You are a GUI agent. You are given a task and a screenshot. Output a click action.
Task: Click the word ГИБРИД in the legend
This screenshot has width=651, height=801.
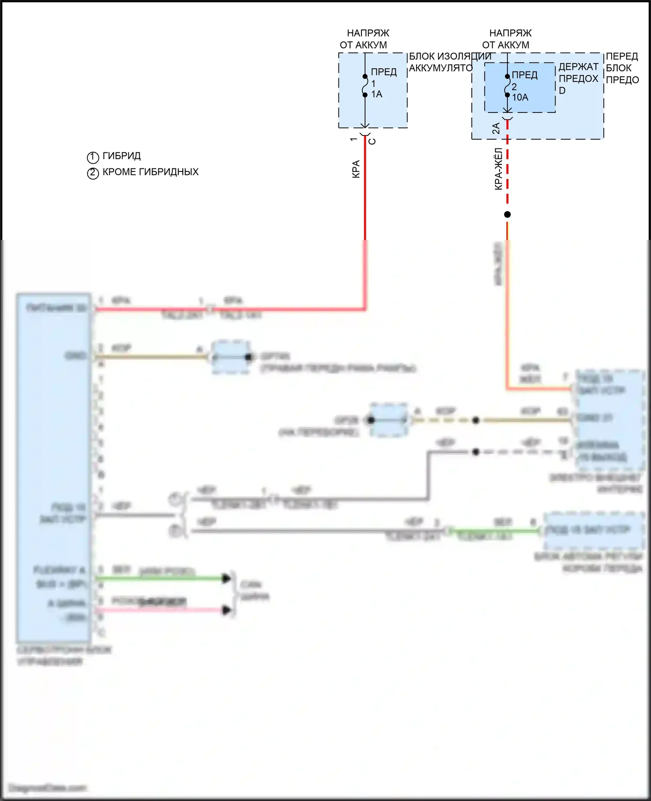click(x=122, y=156)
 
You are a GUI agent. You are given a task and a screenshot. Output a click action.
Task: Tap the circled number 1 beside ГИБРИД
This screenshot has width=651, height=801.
click(x=93, y=157)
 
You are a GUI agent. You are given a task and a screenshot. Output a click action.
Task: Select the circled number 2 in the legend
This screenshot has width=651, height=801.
click(x=93, y=173)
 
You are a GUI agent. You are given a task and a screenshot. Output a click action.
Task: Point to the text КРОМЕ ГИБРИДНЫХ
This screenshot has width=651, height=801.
click(x=150, y=172)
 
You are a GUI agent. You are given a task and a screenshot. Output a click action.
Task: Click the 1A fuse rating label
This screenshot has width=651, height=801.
click(x=377, y=94)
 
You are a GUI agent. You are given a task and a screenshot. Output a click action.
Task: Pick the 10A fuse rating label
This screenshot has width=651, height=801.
click(x=520, y=98)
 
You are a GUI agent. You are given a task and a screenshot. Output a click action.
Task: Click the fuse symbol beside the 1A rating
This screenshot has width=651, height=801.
click(x=365, y=85)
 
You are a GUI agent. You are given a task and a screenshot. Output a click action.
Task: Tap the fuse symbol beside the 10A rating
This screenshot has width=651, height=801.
click(x=507, y=86)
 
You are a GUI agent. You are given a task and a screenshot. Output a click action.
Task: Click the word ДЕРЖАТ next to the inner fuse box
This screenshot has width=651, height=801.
click(x=578, y=67)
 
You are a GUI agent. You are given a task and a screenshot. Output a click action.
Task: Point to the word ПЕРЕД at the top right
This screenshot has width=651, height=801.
click(x=621, y=56)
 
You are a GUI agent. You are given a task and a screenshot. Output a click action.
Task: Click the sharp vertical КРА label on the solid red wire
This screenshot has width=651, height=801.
click(x=356, y=169)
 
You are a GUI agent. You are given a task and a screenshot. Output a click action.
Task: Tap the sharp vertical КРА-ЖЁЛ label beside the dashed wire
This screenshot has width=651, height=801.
click(x=499, y=169)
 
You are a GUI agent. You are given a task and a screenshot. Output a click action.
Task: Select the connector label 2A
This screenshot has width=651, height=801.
click(x=496, y=128)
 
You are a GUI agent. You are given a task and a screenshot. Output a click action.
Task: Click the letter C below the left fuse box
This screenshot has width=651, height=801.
click(x=372, y=141)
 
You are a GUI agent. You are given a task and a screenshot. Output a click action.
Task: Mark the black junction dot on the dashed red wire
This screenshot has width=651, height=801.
click(x=507, y=214)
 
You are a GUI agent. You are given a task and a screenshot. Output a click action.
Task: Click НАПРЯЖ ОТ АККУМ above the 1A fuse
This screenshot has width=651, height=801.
click(x=365, y=39)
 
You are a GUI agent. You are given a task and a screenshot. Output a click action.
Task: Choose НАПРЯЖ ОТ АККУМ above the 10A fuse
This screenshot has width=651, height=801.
click(x=507, y=39)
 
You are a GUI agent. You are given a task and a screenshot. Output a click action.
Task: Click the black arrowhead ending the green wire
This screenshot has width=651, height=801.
click(x=226, y=578)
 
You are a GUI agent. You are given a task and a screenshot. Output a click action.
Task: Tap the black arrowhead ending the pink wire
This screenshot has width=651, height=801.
click(x=226, y=610)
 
